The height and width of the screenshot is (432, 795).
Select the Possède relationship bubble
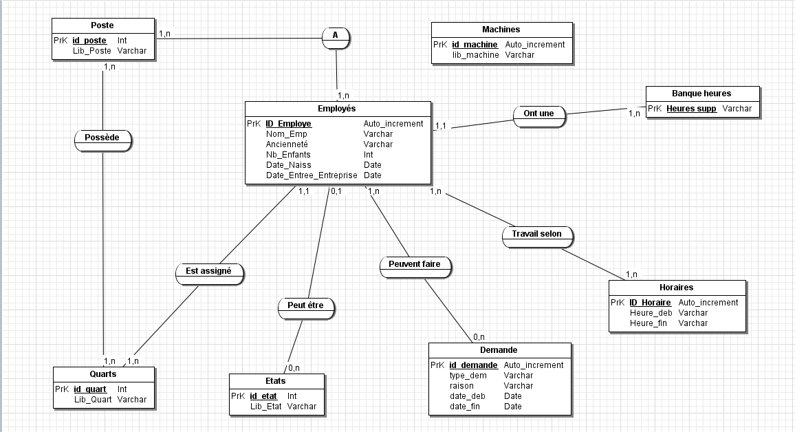[102, 138]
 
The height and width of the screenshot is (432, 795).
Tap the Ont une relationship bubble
[539, 114]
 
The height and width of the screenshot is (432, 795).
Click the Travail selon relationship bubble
[537, 234]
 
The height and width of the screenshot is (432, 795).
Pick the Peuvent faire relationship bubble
[415, 264]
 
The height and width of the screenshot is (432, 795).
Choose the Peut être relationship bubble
[306, 305]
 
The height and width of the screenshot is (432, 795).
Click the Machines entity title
[501, 30]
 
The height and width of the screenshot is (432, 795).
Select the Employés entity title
[337, 109]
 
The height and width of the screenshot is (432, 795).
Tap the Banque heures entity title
[701, 94]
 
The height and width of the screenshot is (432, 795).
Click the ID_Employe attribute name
[289, 124]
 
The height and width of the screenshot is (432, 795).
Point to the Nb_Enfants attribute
[288, 155]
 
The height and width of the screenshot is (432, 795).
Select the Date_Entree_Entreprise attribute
[312, 175]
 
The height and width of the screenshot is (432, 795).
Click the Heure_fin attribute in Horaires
[649, 323]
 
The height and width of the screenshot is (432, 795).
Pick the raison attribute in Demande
[462, 386]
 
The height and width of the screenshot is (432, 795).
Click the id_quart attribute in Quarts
[90, 389]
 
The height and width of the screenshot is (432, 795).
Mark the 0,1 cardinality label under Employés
[336, 191]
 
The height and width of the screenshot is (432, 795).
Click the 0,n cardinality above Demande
[479, 337]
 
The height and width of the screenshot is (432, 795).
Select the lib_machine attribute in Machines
[475, 55]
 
